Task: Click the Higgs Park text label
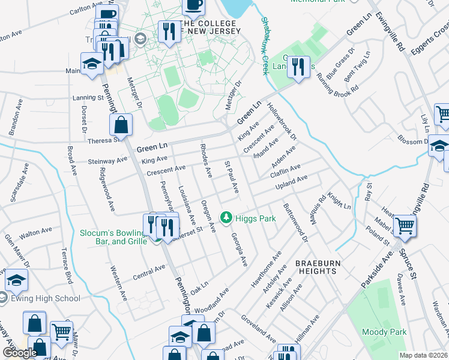tap(255, 218)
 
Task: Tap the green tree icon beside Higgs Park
tap(226, 218)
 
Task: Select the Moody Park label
tap(384, 332)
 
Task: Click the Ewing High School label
tap(45, 298)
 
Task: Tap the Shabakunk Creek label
tap(264, 45)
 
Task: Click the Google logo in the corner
tap(20, 353)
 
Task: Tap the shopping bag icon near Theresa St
tap(121, 125)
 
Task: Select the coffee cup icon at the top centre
tap(193, 5)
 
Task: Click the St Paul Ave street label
tap(232, 177)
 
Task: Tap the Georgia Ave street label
tap(239, 250)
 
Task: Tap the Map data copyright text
tap(424, 355)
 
